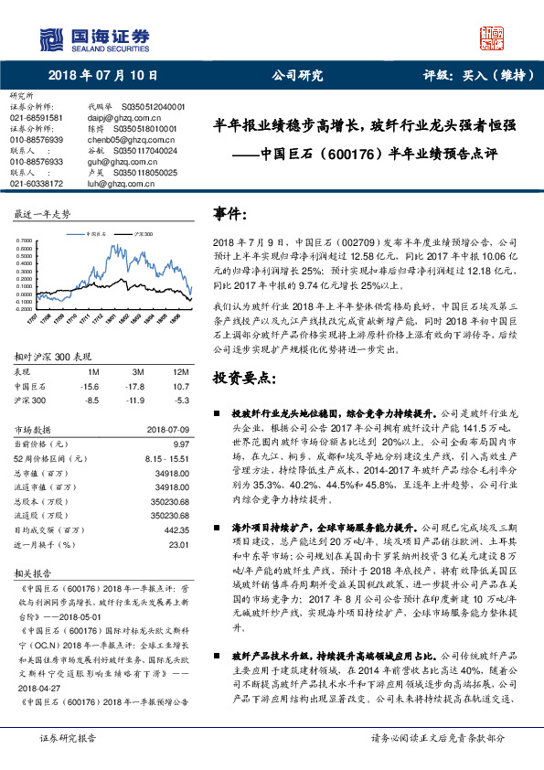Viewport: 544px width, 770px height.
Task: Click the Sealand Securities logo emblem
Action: pyautogui.click(x=55, y=37)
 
